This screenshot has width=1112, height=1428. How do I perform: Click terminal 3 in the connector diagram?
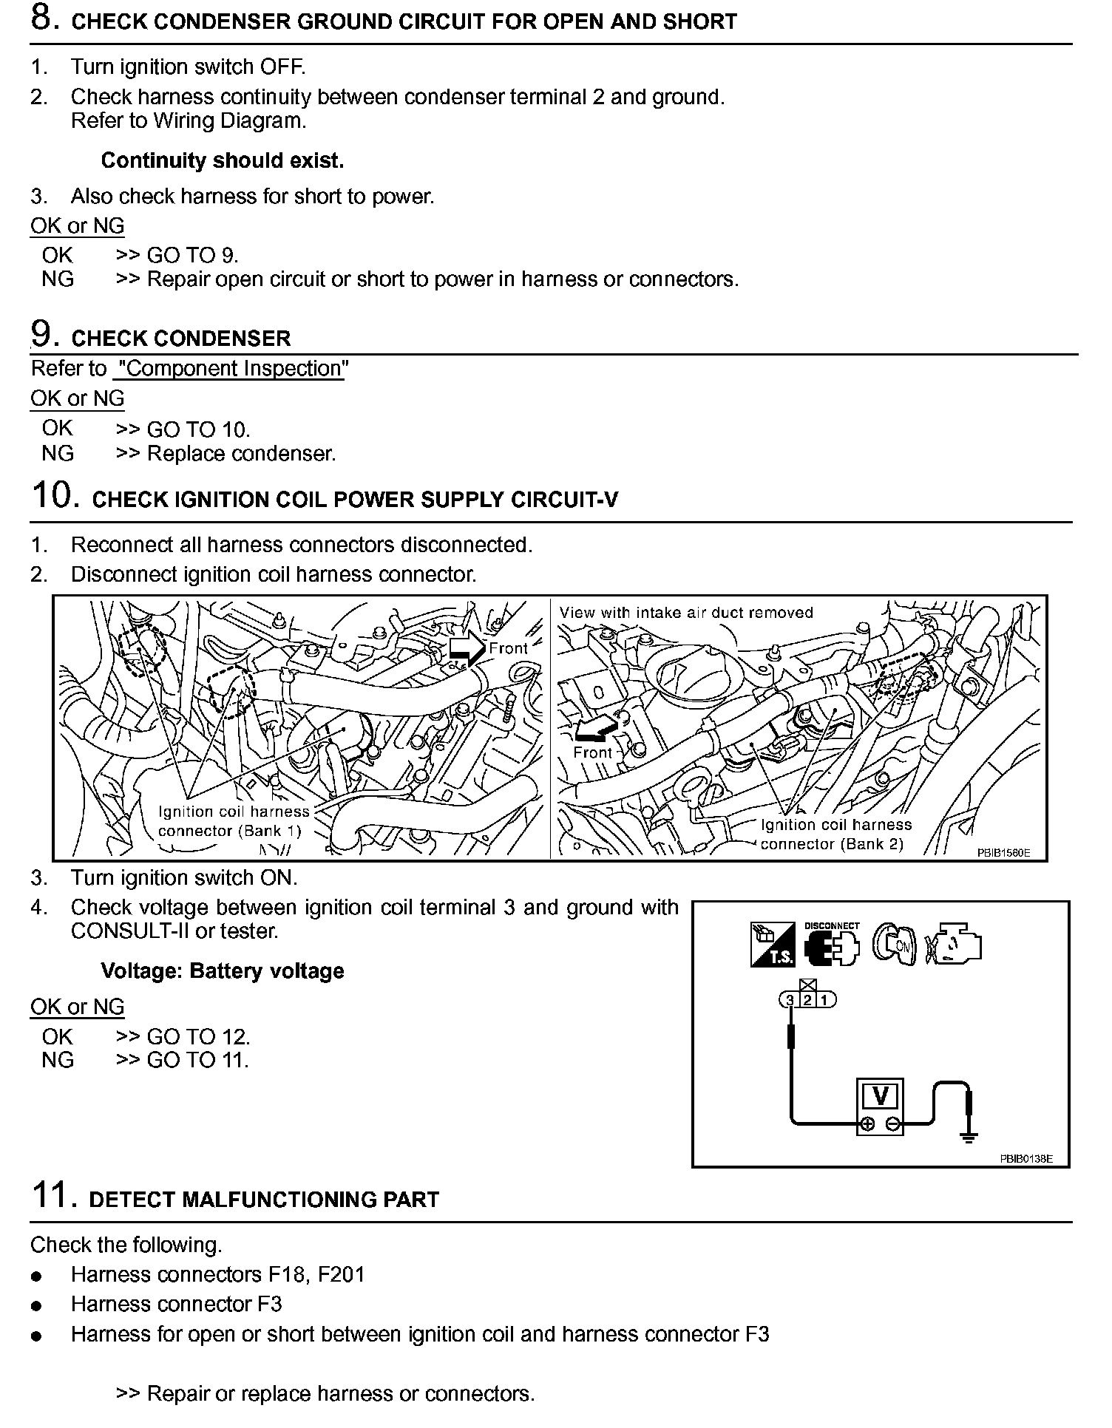click(790, 1000)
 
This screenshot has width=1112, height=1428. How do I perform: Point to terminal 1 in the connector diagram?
click(827, 1000)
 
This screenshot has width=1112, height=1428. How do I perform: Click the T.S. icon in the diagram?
click(773, 945)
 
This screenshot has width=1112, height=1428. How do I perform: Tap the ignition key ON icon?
click(895, 945)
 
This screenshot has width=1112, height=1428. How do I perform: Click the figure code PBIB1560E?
click(1003, 852)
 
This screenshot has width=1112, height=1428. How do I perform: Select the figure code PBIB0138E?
click(1025, 1158)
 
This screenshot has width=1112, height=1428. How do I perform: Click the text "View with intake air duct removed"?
click(685, 613)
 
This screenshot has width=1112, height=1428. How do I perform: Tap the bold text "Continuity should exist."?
click(222, 160)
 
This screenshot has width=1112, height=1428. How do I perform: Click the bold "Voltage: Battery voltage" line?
click(222, 970)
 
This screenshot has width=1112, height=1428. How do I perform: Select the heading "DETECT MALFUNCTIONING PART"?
click(264, 1199)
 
